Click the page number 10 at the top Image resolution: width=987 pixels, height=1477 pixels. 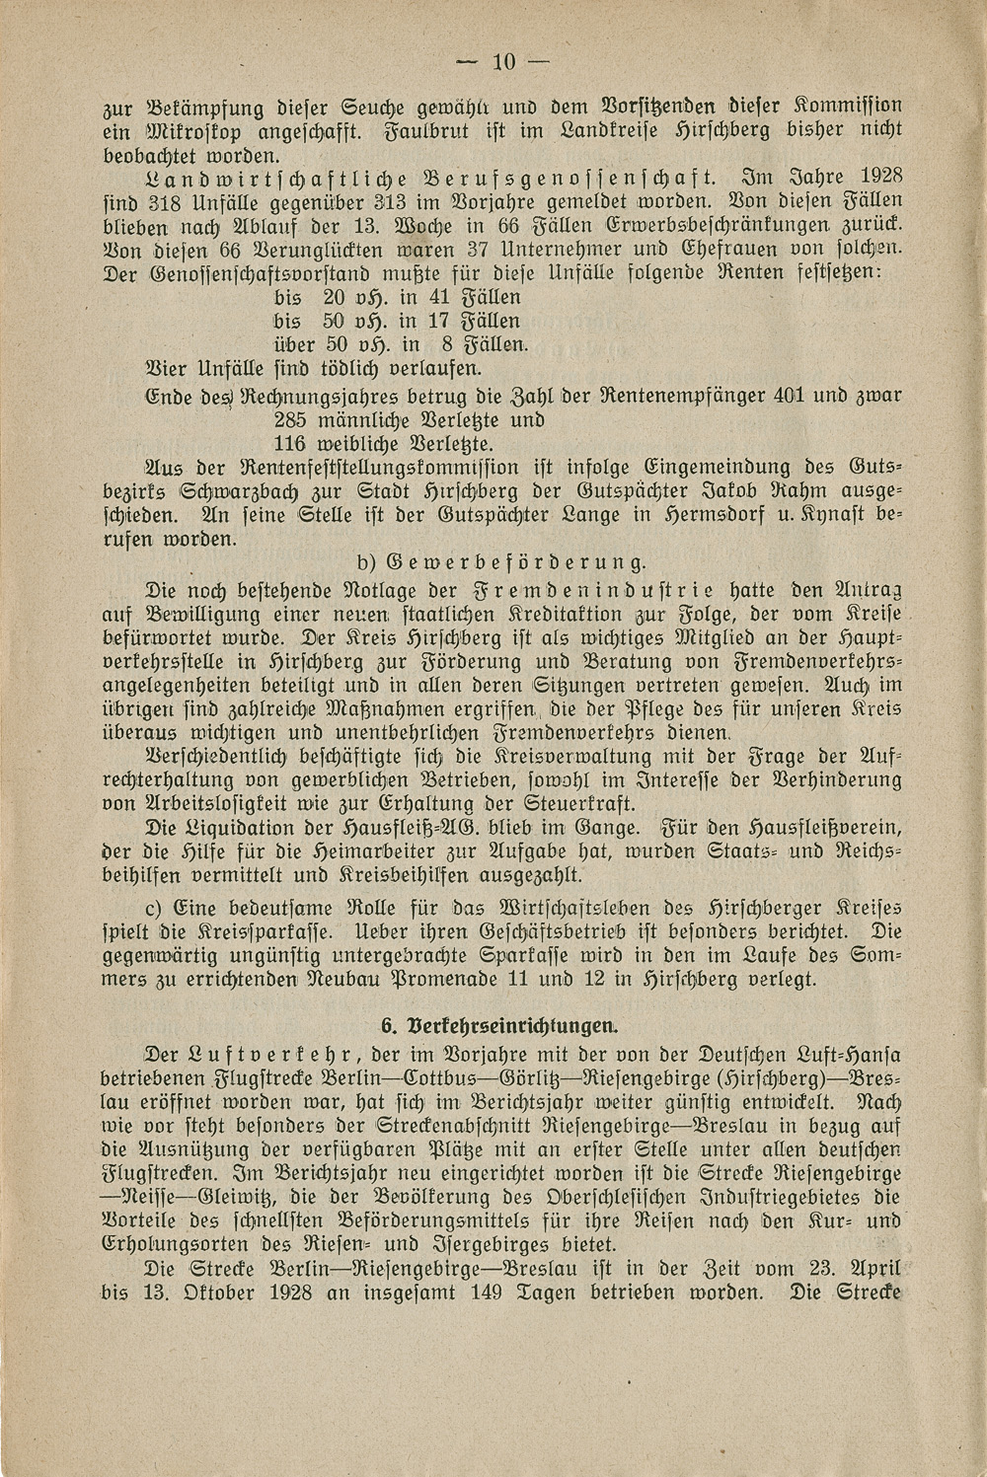504,62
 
